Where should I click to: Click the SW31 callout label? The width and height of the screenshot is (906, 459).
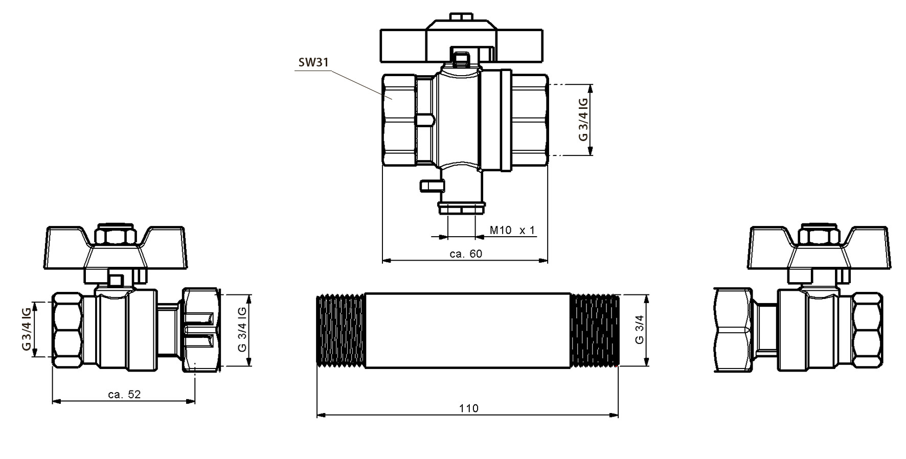pyautogui.click(x=313, y=63)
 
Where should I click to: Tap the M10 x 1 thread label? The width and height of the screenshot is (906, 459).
pyautogui.click(x=512, y=230)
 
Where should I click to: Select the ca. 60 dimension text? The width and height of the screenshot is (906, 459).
pyautogui.click(x=466, y=254)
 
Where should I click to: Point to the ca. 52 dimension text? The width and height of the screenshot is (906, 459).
pyautogui.click(x=124, y=394)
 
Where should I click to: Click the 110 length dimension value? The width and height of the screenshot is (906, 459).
pyautogui.click(x=468, y=408)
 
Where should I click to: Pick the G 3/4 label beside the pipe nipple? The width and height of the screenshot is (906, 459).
pyautogui.click(x=639, y=330)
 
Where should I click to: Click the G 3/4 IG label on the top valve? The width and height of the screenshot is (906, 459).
pyautogui.click(x=583, y=119)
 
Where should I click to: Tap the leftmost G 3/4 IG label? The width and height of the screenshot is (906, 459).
pyautogui.click(x=26, y=329)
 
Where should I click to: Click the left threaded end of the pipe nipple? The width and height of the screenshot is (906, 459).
pyautogui.click(x=341, y=331)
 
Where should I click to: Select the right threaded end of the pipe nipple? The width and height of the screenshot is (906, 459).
pyautogui.click(x=594, y=331)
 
